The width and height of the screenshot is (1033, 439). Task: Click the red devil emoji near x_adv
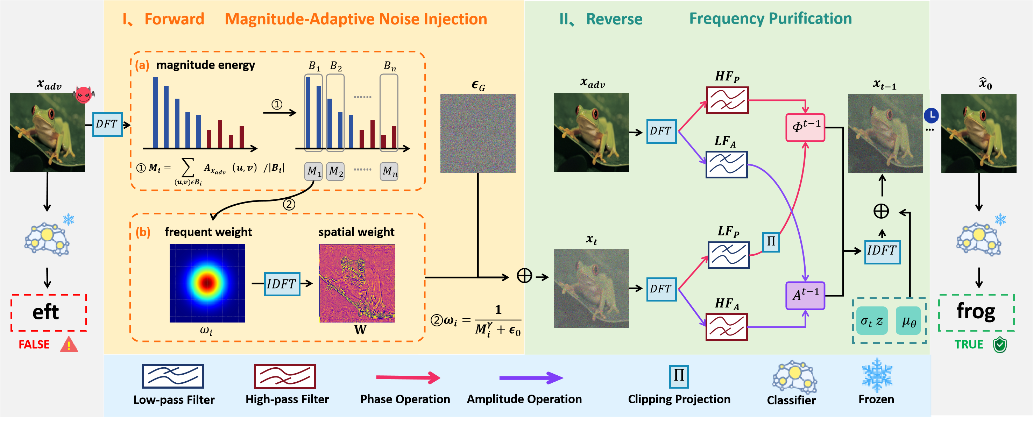coord(83,94)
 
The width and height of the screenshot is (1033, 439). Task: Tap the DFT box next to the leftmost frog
coord(107,124)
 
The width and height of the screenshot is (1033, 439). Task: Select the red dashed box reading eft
coord(49,312)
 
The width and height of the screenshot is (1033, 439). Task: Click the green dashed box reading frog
coord(976,312)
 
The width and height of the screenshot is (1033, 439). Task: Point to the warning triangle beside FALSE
coord(69,345)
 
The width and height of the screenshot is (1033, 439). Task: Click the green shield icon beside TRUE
coord(1000,345)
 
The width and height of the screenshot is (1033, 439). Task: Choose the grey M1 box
coord(313,172)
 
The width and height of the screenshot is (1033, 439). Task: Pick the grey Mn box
coord(389,172)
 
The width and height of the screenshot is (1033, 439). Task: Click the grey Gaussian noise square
coord(477,134)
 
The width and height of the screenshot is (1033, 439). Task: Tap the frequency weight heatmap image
coord(207,283)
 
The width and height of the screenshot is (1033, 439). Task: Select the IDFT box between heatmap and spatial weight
coord(282,284)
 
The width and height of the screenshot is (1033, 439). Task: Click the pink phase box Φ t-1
coord(805,127)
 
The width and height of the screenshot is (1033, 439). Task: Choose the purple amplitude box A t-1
coord(805,296)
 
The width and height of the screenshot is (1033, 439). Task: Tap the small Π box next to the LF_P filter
coord(771,242)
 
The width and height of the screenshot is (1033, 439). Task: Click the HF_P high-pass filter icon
coord(727,100)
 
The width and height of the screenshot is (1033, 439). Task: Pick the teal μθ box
coord(908,321)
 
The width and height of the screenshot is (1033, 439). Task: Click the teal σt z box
coord(872,321)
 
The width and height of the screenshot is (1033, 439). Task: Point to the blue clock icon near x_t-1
coord(931,115)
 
